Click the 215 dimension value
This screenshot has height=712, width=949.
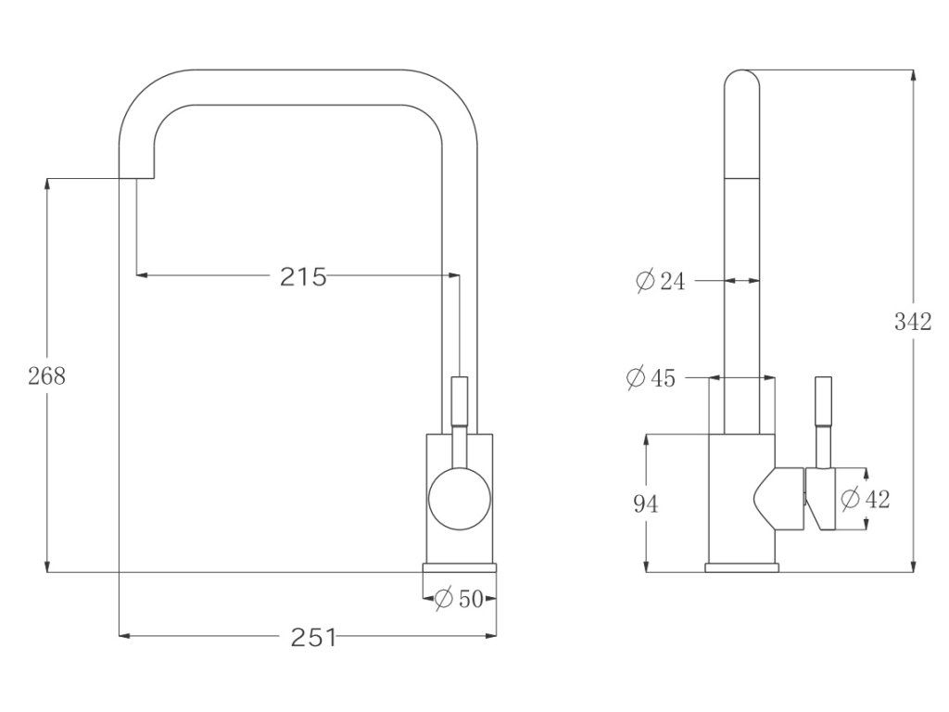(x=303, y=276)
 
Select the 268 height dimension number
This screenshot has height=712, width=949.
(x=46, y=376)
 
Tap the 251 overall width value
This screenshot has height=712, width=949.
(x=313, y=637)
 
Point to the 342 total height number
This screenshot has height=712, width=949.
(x=913, y=322)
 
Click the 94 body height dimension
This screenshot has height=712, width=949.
(x=645, y=503)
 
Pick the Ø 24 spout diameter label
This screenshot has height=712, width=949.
(x=661, y=281)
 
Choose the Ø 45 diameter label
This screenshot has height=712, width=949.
(x=651, y=378)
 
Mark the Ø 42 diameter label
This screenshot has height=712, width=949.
(x=866, y=499)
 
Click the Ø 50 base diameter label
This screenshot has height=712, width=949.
(x=460, y=599)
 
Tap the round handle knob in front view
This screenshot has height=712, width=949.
(x=460, y=499)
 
